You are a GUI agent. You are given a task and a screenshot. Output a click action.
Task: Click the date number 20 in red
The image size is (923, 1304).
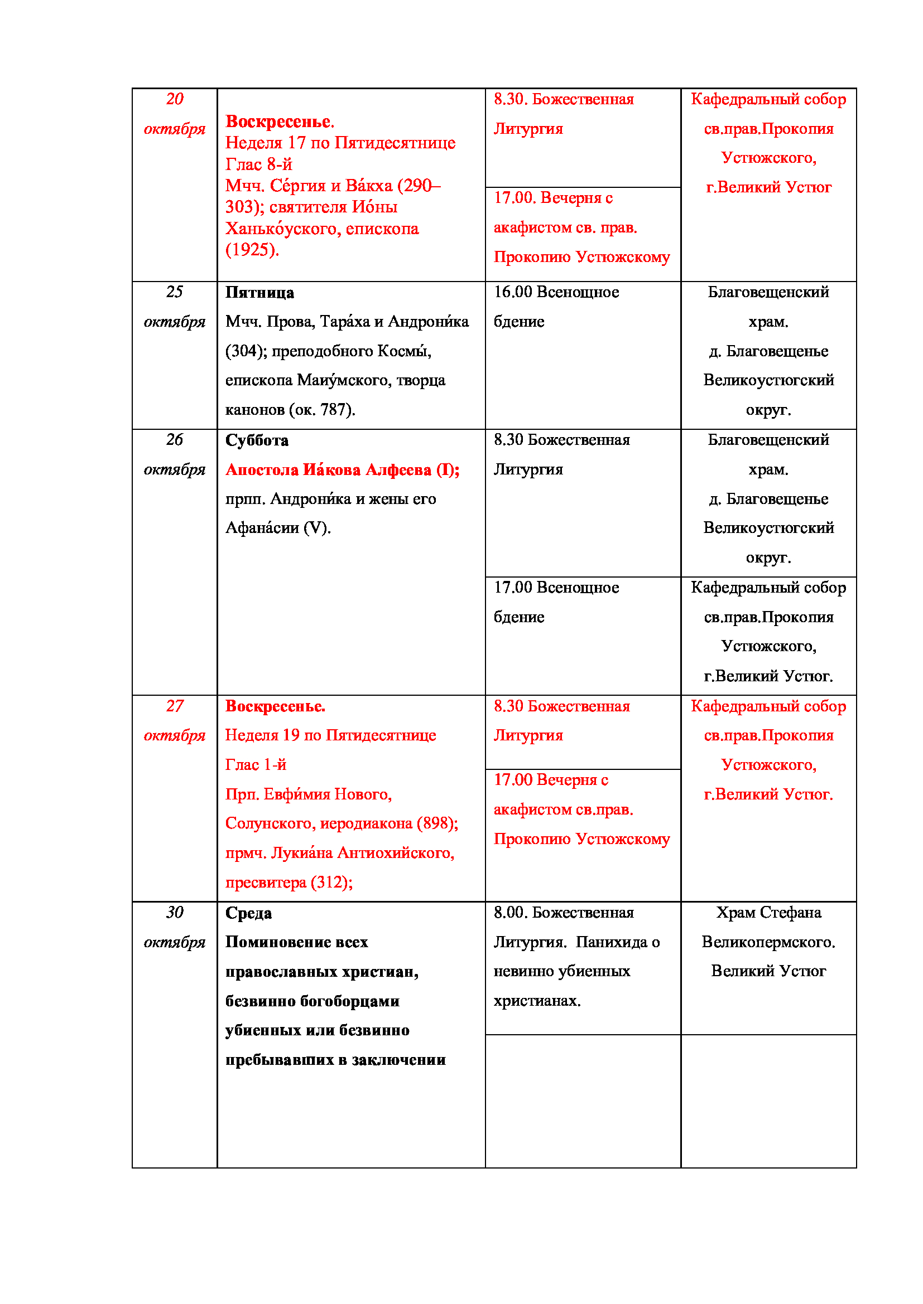point(175,99)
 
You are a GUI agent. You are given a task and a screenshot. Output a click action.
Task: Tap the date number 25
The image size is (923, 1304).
point(175,292)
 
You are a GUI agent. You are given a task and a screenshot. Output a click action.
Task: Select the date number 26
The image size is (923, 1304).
point(175,439)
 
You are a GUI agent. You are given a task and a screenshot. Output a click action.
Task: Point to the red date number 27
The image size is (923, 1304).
point(175,706)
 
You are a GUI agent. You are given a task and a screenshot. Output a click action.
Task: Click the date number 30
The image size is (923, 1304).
point(175,913)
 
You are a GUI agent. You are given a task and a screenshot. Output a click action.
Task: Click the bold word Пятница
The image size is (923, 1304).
point(259,293)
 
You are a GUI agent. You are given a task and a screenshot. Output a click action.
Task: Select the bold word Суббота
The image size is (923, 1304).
point(257,441)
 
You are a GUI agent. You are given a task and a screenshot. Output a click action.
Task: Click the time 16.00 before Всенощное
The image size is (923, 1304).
point(513,292)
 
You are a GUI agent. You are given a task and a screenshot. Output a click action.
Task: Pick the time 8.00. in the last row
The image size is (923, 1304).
point(511,913)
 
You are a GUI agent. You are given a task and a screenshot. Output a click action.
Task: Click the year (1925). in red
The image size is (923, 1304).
point(252,250)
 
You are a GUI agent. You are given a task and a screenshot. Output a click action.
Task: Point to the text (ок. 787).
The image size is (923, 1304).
point(322,410)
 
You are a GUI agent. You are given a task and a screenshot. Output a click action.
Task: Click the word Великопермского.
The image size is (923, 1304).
point(768,942)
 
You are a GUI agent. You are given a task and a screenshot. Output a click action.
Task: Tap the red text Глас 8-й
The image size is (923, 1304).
point(258,164)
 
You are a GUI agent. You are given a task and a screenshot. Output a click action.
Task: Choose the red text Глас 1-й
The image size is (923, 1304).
point(256,765)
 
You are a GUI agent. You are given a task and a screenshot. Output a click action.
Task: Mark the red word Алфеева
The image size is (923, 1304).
point(398,469)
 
